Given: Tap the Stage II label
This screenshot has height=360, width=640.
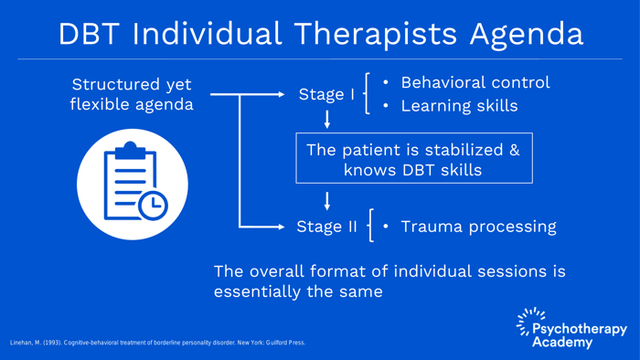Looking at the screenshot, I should [x=326, y=227].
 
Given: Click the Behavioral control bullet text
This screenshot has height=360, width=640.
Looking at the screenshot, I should [x=475, y=82].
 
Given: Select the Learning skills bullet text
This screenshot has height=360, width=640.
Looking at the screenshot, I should [x=459, y=106].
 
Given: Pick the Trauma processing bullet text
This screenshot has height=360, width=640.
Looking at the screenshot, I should [x=478, y=227].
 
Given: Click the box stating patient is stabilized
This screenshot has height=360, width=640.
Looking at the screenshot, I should [x=413, y=159].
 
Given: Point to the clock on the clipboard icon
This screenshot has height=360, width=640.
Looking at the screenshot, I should [x=153, y=206].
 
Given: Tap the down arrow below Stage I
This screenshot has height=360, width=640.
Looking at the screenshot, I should [x=327, y=119].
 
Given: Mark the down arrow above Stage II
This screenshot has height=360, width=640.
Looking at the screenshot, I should [x=327, y=201].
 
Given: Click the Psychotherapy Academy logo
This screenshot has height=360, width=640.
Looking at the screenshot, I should [x=571, y=328].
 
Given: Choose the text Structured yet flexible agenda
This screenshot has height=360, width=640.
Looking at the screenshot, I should [x=132, y=94].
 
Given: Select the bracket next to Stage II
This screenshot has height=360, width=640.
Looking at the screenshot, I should [x=369, y=227].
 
